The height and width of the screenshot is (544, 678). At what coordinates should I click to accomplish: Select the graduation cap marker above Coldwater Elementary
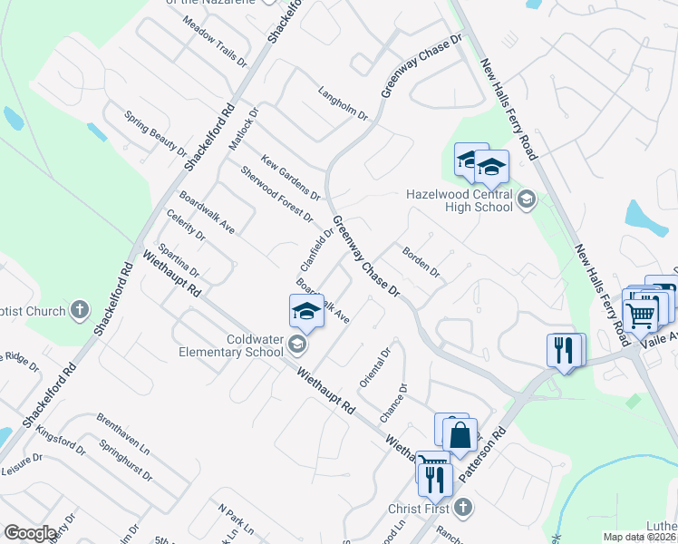[x=306, y=313]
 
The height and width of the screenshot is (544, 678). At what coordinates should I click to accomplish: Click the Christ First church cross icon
[x=463, y=506]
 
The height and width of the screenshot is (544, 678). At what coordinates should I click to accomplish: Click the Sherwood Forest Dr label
[x=276, y=194]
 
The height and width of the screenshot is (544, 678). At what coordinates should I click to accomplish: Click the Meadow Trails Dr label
[x=214, y=41]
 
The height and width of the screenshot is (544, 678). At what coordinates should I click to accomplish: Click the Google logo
[x=30, y=533]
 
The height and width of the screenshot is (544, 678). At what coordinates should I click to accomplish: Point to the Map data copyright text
[x=640, y=537]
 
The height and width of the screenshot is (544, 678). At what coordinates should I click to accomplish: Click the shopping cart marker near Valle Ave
[x=641, y=315]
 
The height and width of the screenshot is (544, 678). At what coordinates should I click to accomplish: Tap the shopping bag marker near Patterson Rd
[x=460, y=434]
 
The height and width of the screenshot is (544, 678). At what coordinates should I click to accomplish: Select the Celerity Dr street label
[x=187, y=224]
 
